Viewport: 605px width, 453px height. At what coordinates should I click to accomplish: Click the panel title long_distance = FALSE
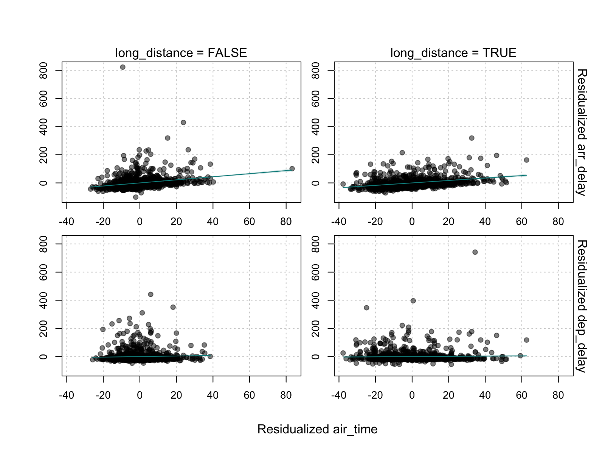[x=181, y=53]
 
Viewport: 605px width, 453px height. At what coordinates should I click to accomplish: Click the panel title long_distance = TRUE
[x=453, y=53]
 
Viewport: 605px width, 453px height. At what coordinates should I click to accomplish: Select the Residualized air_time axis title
[x=317, y=429]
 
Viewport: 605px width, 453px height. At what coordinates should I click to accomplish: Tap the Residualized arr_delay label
[x=582, y=132]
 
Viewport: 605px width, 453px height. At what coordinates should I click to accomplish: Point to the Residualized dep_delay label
[x=582, y=306]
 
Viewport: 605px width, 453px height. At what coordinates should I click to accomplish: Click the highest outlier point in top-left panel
[x=123, y=67]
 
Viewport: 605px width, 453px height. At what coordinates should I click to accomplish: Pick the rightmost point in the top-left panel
[x=292, y=169]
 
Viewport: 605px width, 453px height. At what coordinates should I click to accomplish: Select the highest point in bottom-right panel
[x=475, y=252]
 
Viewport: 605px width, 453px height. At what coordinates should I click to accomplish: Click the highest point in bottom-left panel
[x=150, y=294]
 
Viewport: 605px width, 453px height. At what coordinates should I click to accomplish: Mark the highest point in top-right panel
[x=472, y=138]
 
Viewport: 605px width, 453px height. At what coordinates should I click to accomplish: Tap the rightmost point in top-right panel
[x=526, y=160]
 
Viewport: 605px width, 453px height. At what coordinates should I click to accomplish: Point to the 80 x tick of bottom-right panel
[x=558, y=395]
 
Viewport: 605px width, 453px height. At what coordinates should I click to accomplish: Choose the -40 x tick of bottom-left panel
[x=67, y=395]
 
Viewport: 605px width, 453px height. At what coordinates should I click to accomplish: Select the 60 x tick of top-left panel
[x=249, y=222]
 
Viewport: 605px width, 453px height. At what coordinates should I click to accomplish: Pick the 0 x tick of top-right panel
[x=412, y=222]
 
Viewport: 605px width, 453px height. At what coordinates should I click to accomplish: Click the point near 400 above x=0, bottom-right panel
[x=413, y=301]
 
